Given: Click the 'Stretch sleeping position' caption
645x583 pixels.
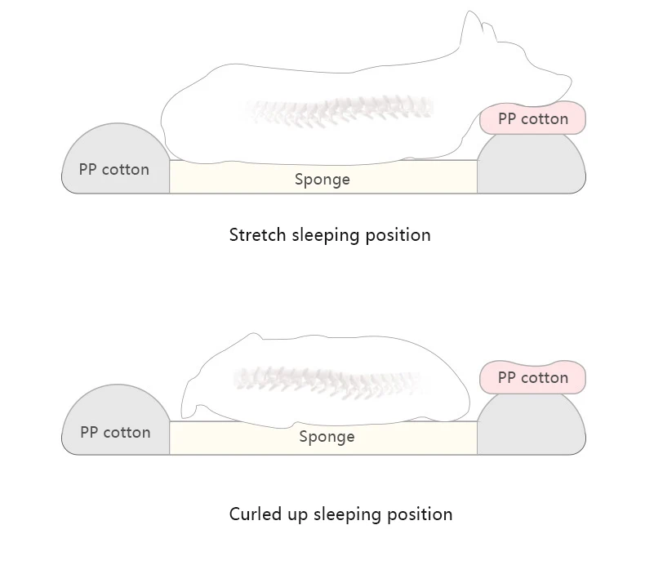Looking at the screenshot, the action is (329, 235).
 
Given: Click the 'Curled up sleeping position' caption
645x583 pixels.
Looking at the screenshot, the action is (340, 514).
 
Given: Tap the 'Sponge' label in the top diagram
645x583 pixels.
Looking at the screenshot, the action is (322, 180).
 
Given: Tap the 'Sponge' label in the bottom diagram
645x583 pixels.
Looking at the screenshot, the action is (327, 437).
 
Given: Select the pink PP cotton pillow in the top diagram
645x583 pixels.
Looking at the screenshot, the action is (532, 119).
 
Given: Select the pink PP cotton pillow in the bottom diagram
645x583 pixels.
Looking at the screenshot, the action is (532, 378).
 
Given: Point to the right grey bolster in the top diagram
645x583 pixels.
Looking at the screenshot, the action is (531, 167).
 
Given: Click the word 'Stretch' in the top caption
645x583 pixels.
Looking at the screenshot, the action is (257, 235).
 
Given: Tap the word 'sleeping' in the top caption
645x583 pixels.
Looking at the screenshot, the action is (326, 235).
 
